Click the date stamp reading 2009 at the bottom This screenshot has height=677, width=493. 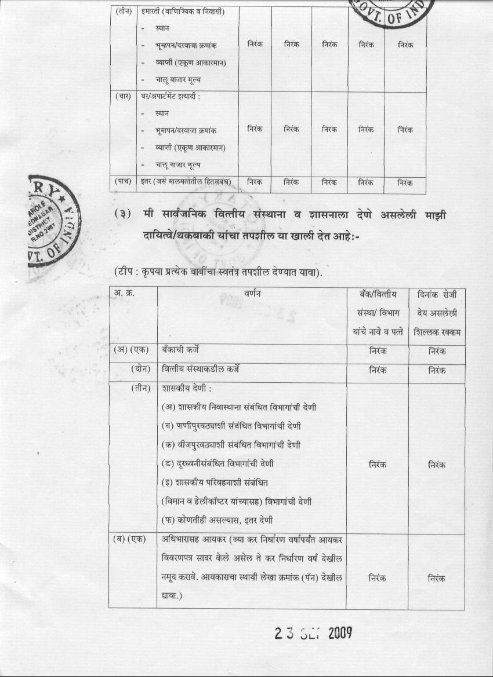[313, 633]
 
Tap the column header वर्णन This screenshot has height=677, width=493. [251, 294]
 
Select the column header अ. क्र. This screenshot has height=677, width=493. [124, 294]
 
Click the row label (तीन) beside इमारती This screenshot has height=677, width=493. [123, 12]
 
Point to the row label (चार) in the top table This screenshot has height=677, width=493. [123, 96]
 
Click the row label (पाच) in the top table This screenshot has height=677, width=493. [123, 182]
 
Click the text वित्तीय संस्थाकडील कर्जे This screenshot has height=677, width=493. [201, 369]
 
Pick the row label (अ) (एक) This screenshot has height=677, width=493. [131, 350]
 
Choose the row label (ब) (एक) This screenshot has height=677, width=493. [131, 539]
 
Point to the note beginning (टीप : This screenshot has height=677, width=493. [217, 271]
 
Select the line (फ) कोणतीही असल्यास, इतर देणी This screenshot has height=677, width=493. [217, 519]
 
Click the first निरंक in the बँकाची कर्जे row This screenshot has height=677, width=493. [378, 351]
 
